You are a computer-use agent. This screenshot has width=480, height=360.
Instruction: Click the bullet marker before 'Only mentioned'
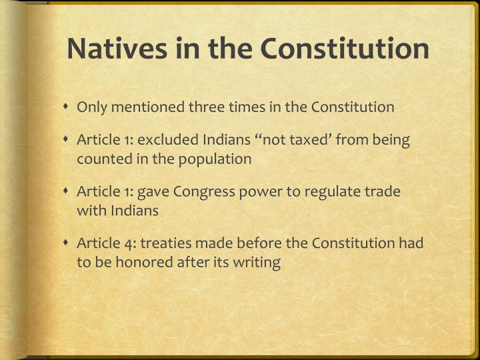[x=67, y=107]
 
